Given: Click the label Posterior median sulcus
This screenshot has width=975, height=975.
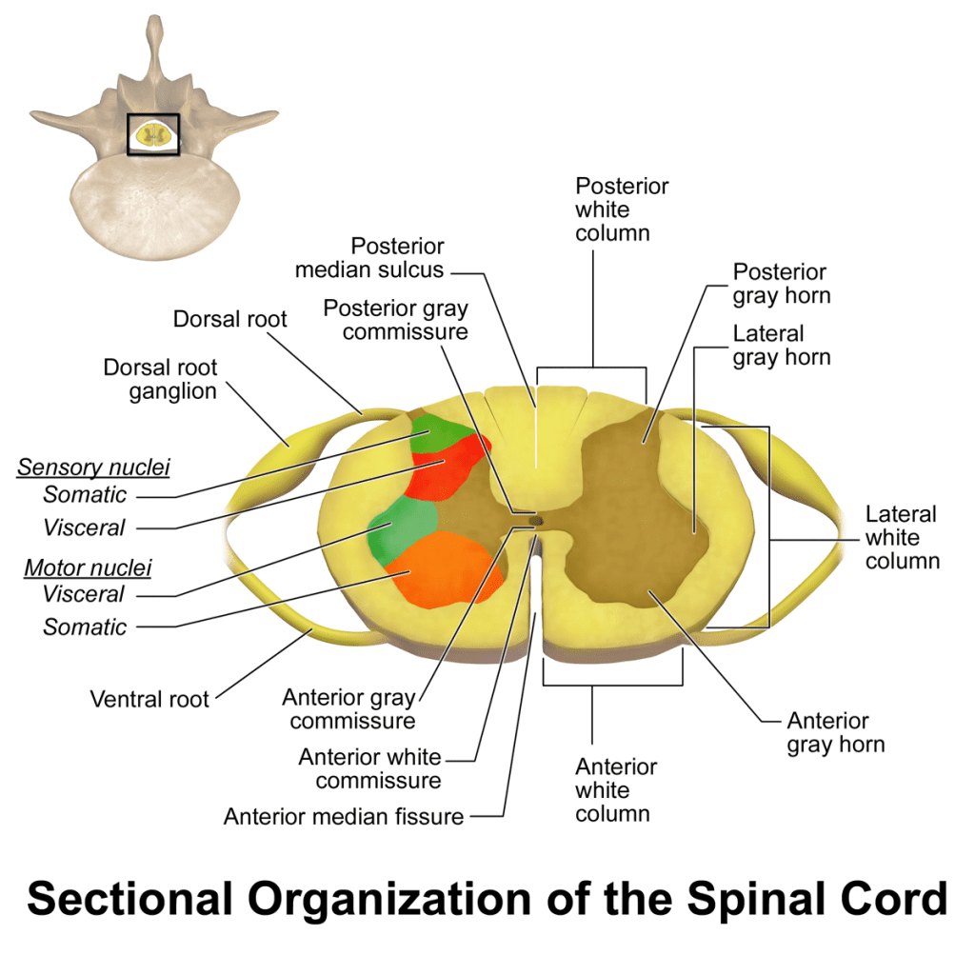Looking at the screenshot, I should (369, 257).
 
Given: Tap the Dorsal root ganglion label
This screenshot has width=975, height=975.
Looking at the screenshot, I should (160, 379).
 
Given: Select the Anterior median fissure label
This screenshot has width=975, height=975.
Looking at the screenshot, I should (344, 816).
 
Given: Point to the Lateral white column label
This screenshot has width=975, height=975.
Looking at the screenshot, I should (902, 537).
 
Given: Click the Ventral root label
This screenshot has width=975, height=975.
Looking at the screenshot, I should (149, 699).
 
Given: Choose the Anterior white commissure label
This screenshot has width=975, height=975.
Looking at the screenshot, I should (369, 768).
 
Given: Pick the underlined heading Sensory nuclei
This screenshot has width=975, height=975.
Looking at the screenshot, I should (93, 467).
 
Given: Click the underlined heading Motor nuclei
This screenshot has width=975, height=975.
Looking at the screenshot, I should (88, 568).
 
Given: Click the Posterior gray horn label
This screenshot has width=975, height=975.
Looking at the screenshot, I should (781, 284).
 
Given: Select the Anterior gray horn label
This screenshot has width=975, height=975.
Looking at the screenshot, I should (835, 732).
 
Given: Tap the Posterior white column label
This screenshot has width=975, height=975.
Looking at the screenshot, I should (622, 209).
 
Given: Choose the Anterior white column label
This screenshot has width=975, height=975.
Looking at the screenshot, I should (615, 789).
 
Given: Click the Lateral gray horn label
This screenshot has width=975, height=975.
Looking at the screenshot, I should (781, 346).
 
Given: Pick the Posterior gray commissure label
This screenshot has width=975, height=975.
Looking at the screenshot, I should (395, 320).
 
